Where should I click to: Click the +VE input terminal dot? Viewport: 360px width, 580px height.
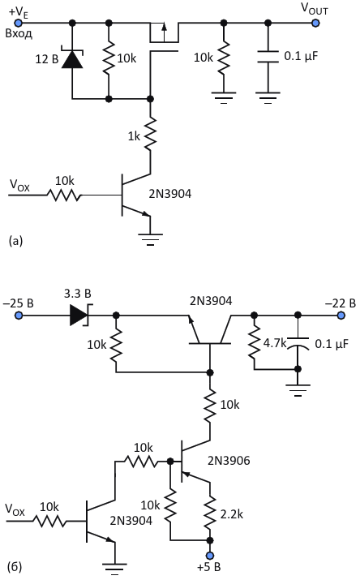pos(18,23)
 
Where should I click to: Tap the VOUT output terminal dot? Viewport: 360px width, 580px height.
pos(315,23)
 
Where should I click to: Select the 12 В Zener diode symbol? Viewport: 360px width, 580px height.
pos(72,59)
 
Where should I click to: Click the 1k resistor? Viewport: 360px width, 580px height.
pos(151,134)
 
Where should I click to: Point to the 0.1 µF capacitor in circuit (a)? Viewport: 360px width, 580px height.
pos(268,56)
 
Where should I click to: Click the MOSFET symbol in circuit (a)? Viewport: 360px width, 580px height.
pos(164,38)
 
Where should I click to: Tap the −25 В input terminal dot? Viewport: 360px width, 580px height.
pos(18,316)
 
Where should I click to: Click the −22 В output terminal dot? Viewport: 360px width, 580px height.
pos(341,316)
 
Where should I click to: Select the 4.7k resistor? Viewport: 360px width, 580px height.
pos(254,343)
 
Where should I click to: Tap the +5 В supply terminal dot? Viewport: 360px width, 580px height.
pos(210,556)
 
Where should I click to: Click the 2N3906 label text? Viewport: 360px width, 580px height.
pos(229,461)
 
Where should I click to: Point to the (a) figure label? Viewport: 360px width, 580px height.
pos(15,241)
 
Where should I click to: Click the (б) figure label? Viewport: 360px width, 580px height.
pos(15,567)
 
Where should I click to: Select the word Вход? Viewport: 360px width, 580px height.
pos(19,34)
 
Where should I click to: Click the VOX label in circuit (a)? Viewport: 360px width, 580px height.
pos(19,185)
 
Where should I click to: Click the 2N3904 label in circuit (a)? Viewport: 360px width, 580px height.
pos(170,194)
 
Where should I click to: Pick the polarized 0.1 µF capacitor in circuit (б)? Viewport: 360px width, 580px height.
pos(298,343)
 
